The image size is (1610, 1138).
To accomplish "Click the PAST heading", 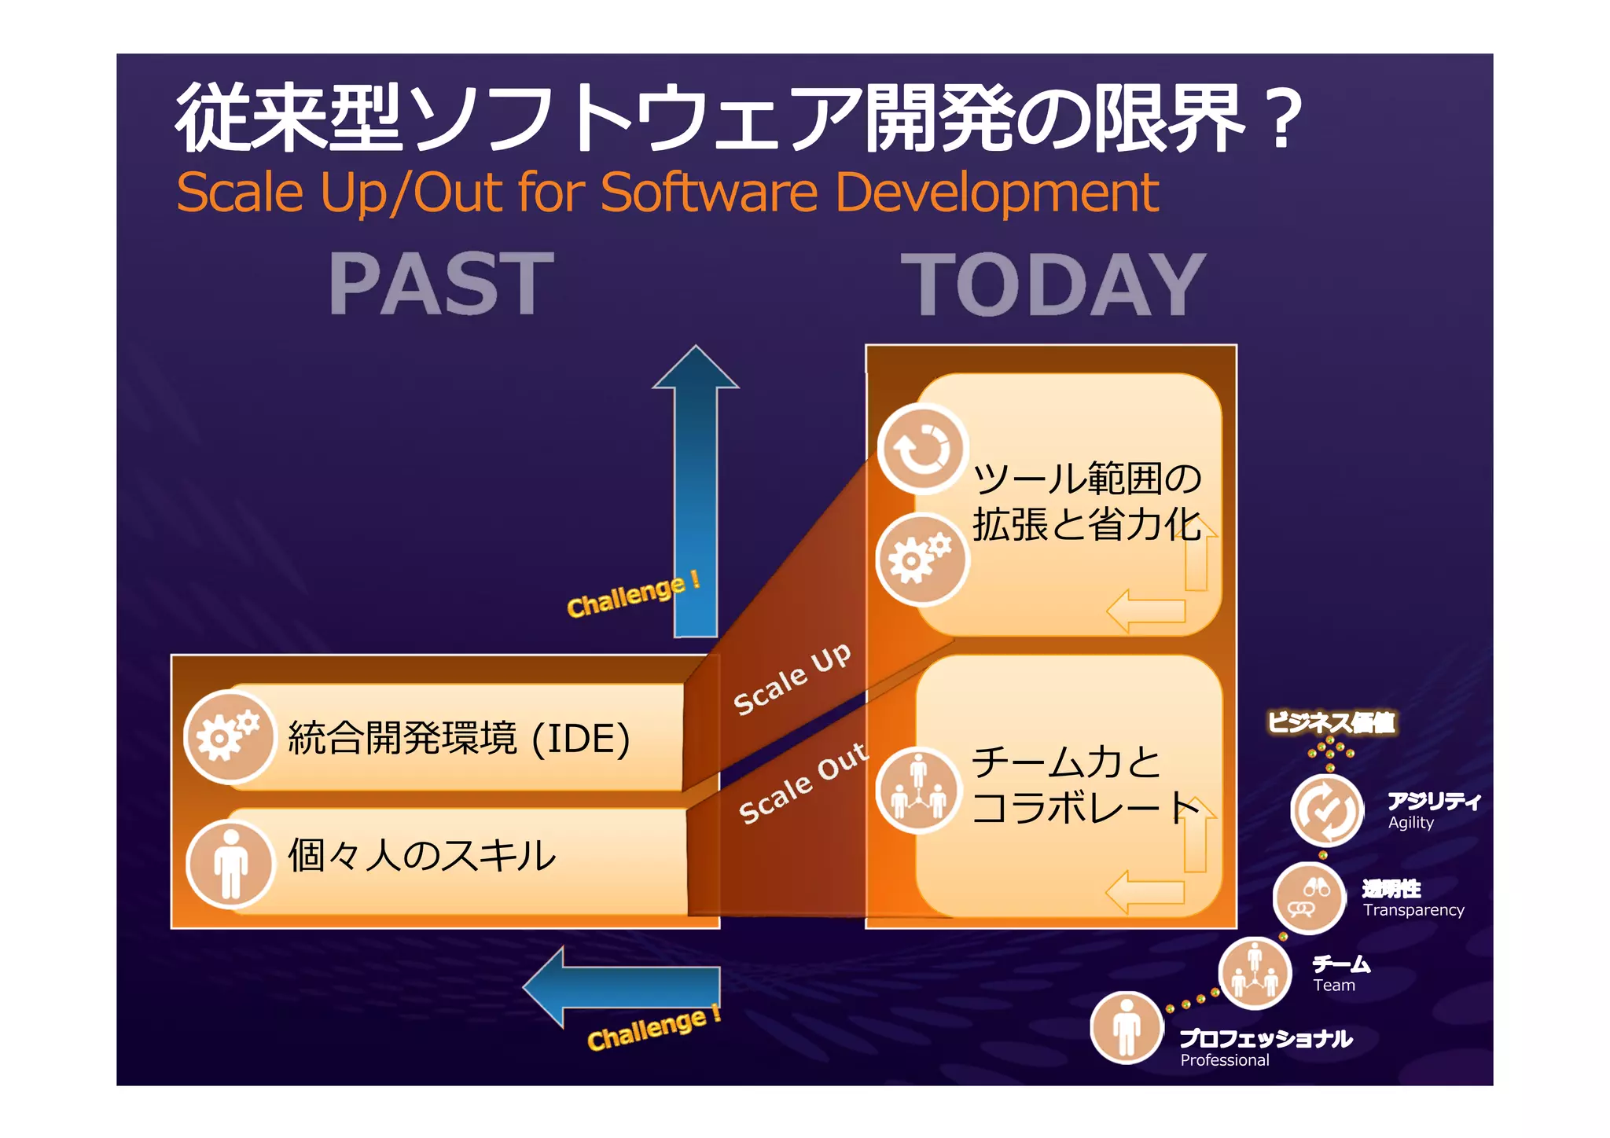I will pos(441,284).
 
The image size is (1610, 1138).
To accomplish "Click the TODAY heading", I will pos(1053,285).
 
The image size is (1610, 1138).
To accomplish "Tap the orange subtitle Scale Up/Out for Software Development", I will pos(667,193).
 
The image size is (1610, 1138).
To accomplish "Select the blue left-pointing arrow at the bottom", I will pos(621,986).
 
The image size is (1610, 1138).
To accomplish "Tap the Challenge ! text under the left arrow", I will pos(653,1028).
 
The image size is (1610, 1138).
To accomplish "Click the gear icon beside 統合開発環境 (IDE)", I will pos(229,736).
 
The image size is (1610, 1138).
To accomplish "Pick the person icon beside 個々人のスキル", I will pos(230,863).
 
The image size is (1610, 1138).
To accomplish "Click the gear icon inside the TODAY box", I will pos(921,559).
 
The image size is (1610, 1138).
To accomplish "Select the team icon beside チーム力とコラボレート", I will pos(919,788).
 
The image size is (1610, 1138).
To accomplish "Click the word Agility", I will pos(1410,823).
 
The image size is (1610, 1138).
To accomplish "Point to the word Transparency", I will pos(1413,910).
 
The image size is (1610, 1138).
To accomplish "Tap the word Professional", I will pos(1224,1060).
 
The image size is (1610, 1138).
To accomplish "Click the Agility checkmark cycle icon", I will pos(1327,810).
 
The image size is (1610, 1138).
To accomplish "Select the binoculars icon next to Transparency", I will pos(1309,898).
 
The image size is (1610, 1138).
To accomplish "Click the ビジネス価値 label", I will pos(1331,722).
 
